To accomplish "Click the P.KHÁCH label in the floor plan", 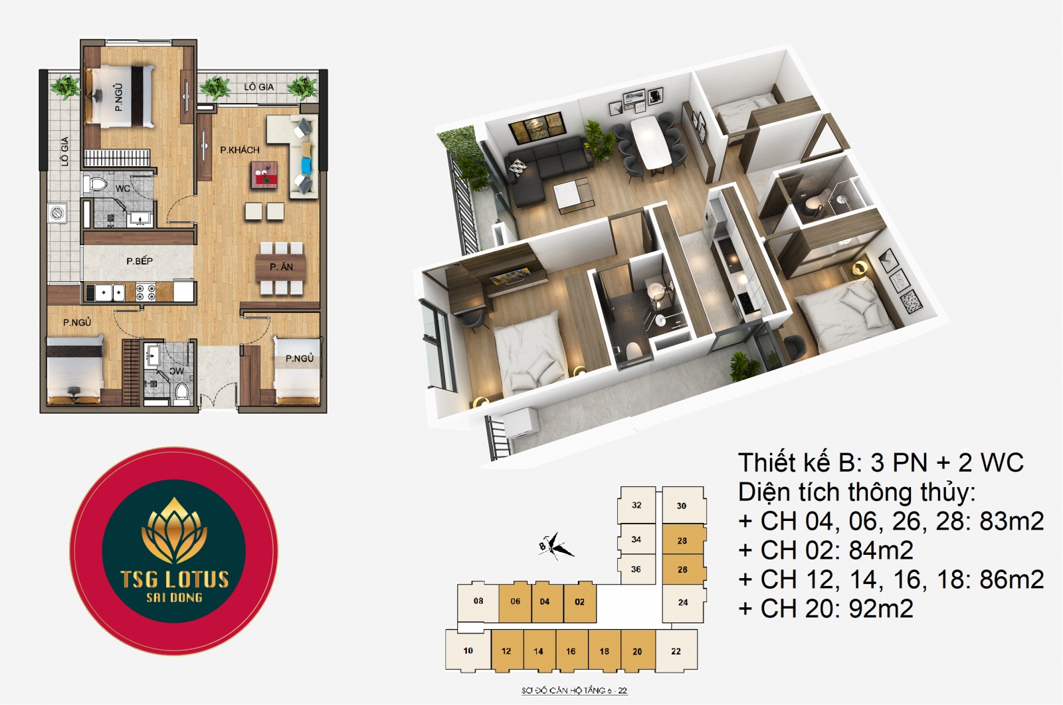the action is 240,150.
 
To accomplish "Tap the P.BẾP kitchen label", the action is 140,260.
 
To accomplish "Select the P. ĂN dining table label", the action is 282,267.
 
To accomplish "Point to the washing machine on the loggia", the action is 58,213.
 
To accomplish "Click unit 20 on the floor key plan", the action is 637,651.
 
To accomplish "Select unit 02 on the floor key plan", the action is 579,602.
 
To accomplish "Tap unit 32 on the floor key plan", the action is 637,505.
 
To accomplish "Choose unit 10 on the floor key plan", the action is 468,651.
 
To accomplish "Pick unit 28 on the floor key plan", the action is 682,540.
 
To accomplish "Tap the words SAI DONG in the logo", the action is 174,597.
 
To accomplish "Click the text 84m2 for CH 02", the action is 881,550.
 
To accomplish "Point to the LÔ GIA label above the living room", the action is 258,87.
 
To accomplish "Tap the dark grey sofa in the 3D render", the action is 545,169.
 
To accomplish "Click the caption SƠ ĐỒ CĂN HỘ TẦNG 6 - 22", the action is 574,690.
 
